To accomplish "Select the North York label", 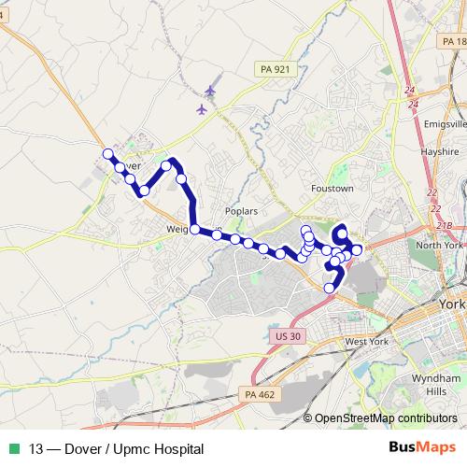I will [x=439, y=245].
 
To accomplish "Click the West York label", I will [x=367, y=343].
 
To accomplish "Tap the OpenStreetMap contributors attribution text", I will [x=387, y=418].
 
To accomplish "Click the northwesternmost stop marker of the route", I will [x=107, y=154].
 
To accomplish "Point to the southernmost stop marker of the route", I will [x=329, y=288].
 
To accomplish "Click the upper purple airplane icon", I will [x=209, y=91].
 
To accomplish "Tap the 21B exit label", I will [x=444, y=226].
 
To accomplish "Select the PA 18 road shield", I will [x=453, y=43].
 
